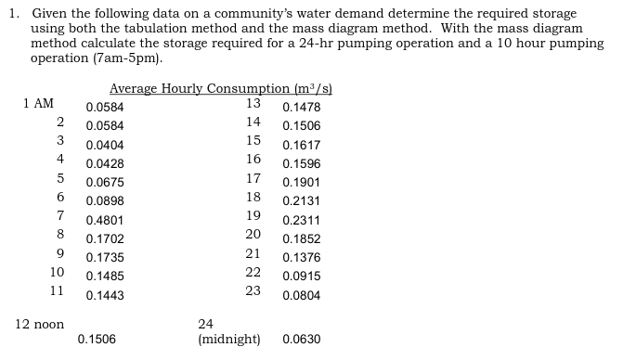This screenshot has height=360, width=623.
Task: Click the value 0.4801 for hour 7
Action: coord(104,221)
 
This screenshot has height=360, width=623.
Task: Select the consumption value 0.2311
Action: coord(301,221)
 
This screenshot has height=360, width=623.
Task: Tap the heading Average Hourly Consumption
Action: coord(221,89)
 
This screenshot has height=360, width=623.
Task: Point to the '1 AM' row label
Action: coord(38,104)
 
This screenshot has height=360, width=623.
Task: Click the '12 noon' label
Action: coord(40,324)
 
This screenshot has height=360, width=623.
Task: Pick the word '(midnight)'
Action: coord(229,340)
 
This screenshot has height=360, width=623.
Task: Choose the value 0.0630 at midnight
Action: coord(301,340)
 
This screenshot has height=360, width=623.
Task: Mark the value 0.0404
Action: coord(104,146)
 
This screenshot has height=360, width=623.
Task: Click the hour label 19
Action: coord(253,215)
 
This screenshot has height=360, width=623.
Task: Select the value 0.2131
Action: coord(301,201)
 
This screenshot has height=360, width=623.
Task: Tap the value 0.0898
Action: coord(104,201)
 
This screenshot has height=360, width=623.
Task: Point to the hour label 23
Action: coord(253,290)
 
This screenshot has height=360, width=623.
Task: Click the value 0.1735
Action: coord(104,258)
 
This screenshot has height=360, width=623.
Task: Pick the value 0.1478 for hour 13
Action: coord(301,108)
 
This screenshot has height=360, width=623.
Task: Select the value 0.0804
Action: coord(301,296)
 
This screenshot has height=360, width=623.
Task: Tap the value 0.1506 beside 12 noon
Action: coord(97,340)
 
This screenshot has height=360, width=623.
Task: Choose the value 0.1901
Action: coord(301,183)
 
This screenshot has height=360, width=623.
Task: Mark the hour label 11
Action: coord(57,290)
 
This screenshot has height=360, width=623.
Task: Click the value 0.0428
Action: coord(104,164)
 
